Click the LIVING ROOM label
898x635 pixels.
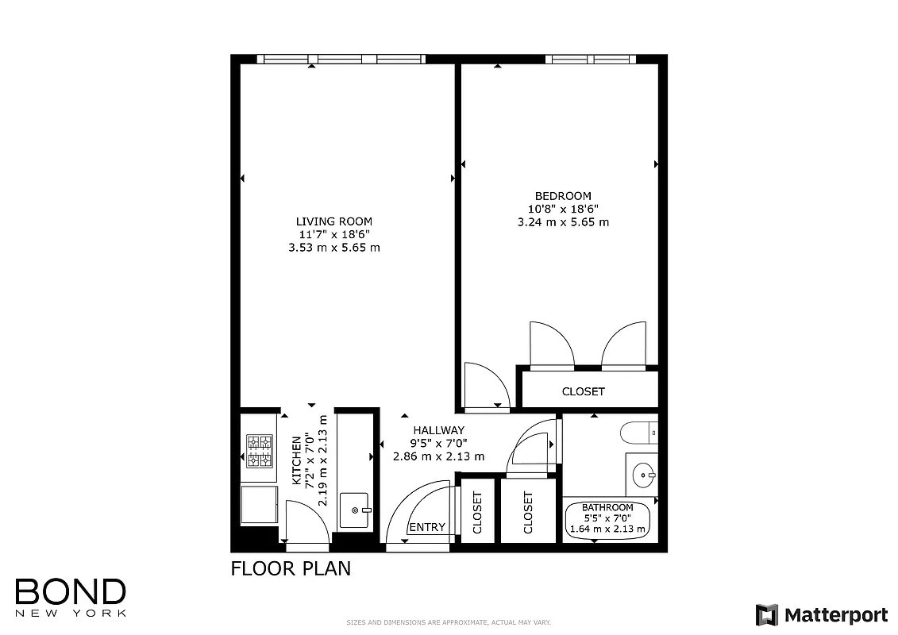click(333, 221)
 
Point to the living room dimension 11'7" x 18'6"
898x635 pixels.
click(333, 235)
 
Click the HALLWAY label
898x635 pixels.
click(438, 430)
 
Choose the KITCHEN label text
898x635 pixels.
click(297, 460)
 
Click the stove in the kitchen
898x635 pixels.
click(259, 451)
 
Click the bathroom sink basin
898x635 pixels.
click(641, 475)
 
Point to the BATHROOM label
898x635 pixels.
click(607, 507)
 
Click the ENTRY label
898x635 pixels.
click(426, 527)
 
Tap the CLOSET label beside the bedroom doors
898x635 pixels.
click(583, 391)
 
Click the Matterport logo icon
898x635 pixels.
click(766, 614)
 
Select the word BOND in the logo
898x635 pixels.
click(70, 591)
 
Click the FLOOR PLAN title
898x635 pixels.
click(290, 568)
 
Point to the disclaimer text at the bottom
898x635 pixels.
click(449, 622)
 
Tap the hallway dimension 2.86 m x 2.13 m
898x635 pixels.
click(438, 456)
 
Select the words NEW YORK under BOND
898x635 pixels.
click(70, 613)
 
